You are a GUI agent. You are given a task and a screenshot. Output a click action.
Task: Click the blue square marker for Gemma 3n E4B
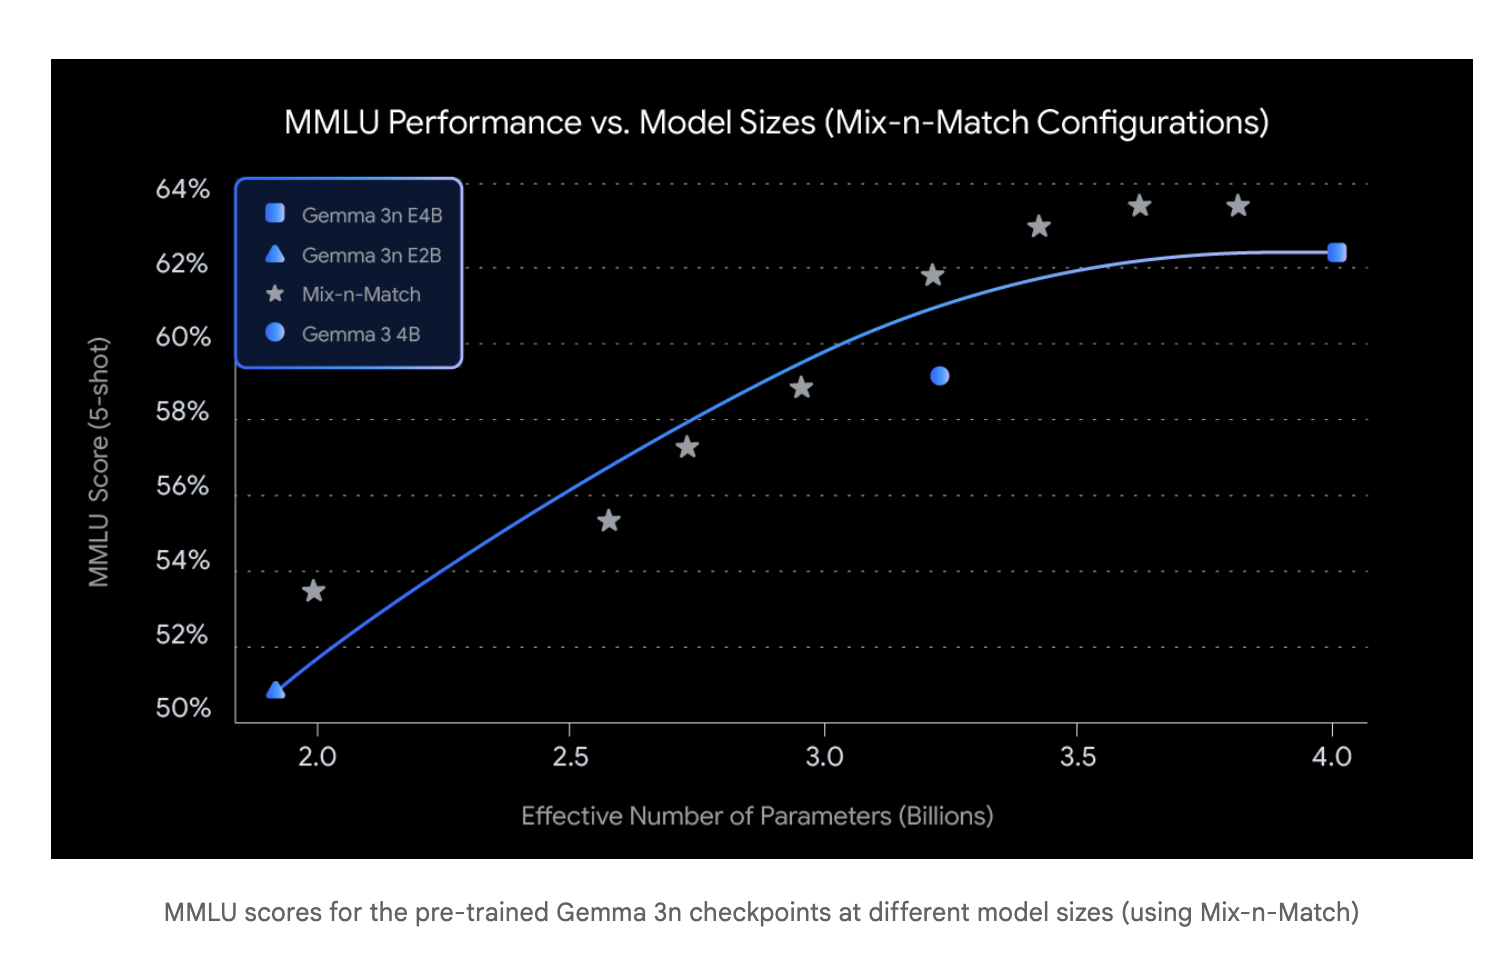coord(1336,252)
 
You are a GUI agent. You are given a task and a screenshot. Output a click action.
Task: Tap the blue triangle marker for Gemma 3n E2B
coord(276,690)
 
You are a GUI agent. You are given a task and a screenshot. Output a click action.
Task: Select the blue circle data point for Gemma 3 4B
coord(939,376)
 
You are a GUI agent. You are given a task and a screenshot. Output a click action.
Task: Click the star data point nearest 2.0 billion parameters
coord(314,591)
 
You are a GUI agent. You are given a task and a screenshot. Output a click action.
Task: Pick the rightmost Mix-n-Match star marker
coord(1238,206)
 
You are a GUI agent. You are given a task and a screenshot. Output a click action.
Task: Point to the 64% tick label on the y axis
coord(183,189)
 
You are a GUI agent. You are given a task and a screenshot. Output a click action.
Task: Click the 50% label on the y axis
coord(183,709)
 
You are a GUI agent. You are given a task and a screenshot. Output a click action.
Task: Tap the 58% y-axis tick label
coord(183,412)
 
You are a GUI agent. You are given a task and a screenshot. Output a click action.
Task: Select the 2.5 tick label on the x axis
coord(570,757)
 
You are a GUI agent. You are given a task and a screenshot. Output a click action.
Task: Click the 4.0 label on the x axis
coord(1332,757)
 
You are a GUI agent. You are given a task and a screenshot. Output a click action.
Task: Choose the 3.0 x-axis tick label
coord(825,757)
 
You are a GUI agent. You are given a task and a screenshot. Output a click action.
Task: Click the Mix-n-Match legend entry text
coord(361,295)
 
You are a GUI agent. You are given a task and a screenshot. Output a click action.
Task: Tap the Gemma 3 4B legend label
coord(361,334)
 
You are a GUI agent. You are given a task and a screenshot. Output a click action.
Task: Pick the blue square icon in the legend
coord(275,213)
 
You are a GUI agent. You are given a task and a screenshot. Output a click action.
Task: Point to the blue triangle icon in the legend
coord(275,254)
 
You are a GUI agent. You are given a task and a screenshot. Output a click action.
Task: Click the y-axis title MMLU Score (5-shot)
coord(99,462)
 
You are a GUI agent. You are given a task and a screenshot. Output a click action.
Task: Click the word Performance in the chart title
coord(484,123)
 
